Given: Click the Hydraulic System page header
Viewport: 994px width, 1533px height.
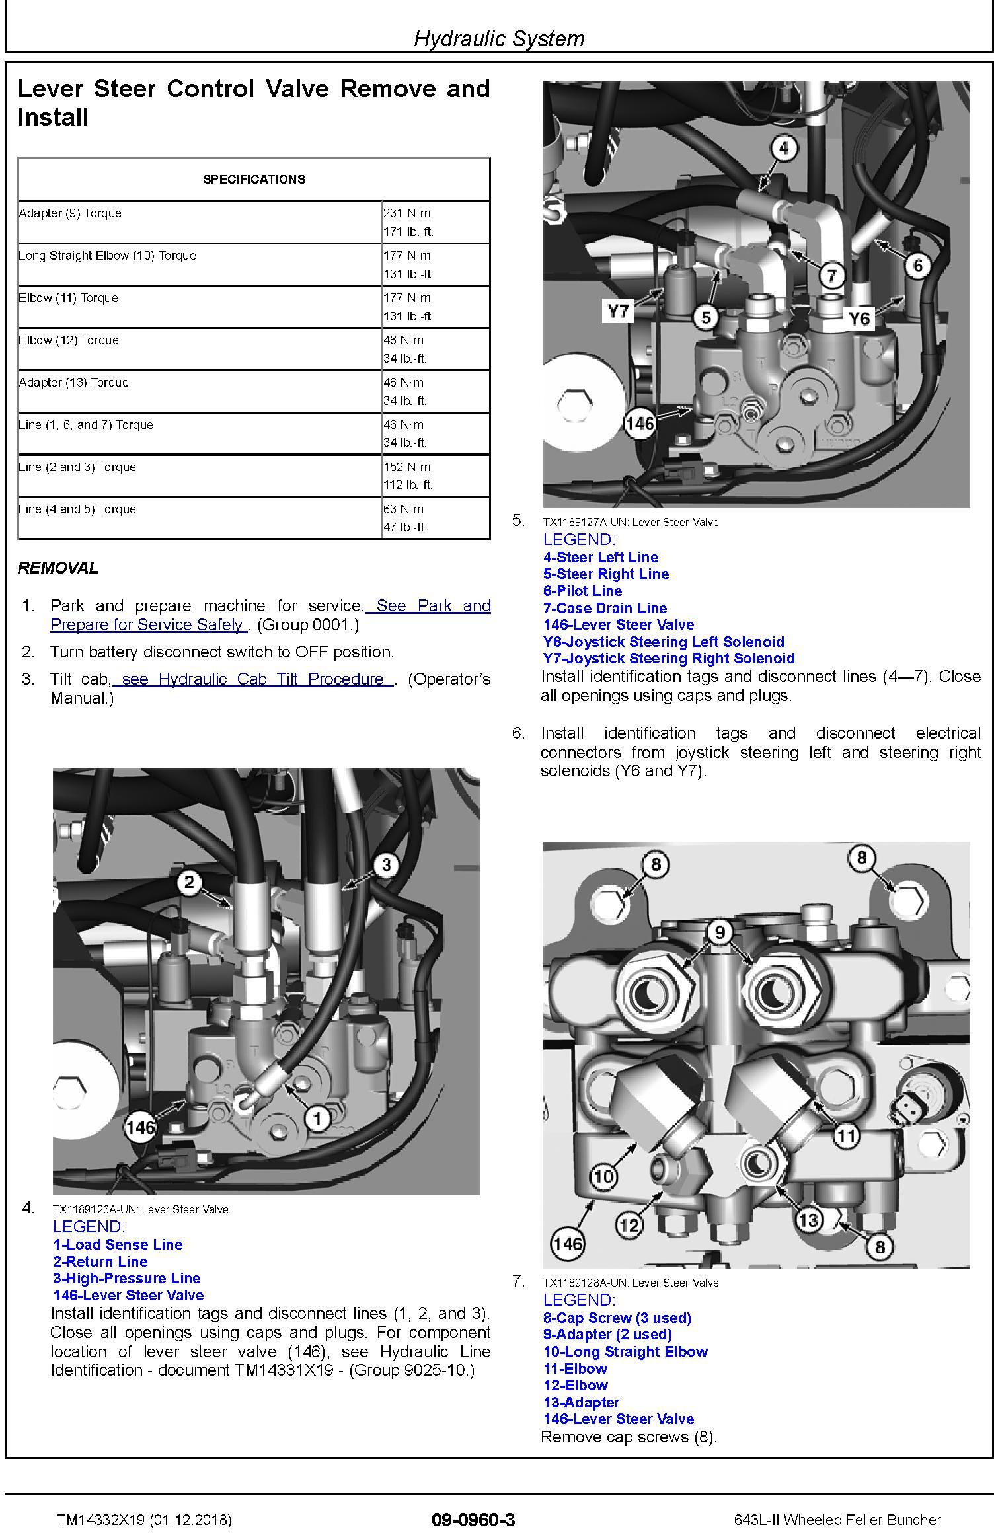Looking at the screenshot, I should [x=499, y=38].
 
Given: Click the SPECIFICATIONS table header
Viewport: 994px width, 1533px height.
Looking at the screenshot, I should [x=254, y=179].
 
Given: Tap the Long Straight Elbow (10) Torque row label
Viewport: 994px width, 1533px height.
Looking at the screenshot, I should [x=108, y=256].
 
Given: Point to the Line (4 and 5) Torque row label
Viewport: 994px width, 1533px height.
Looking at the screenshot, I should [x=78, y=509].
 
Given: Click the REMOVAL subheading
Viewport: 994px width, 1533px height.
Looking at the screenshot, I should [x=58, y=568].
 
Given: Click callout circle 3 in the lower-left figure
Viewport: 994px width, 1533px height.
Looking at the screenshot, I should [x=386, y=864].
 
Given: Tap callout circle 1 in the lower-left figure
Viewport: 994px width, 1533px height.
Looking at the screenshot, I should [x=318, y=1118].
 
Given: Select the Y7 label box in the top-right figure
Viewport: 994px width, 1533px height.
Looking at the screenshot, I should [x=618, y=310].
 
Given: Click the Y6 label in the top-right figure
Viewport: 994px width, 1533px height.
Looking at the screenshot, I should [x=859, y=319].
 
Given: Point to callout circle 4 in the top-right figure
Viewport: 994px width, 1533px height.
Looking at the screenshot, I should [x=784, y=148].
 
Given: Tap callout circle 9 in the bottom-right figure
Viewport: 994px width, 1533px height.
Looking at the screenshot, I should [x=720, y=932].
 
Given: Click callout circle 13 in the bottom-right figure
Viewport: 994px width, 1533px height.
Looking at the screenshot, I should [x=808, y=1219].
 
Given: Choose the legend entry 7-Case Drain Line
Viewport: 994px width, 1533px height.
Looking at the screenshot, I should [x=605, y=608].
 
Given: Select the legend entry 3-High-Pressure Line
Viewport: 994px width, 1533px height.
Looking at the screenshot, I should [x=127, y=1278].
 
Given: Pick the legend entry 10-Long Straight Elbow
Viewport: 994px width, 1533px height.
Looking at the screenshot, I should [x=625, y=1351].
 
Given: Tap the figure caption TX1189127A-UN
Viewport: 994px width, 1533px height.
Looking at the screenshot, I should [x=631, y=522].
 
